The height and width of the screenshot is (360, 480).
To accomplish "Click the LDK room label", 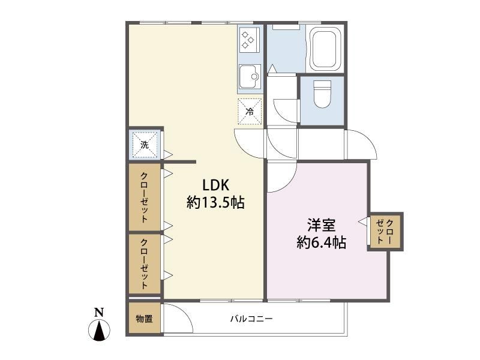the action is [216, 186].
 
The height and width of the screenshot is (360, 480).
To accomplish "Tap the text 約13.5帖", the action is [215, 202].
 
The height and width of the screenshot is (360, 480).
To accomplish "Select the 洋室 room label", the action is [322, 225].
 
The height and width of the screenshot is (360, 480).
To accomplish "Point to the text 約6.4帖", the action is [322, 242].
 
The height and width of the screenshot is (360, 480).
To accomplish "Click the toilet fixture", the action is [322, 94].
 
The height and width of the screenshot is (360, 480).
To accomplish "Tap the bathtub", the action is [326, 49].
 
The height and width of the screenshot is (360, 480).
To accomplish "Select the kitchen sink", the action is [250, 77].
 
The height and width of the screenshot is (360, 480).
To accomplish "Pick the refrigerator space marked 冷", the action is [250, 112].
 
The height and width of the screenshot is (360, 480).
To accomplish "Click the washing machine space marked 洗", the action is [145, 144].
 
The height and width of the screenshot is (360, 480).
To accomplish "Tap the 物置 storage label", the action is [144, 319].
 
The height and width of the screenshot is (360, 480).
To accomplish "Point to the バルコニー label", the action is [251, 319].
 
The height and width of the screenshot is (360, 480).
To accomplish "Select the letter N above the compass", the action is [99, 312].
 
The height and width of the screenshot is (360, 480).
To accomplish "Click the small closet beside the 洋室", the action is [385, 232].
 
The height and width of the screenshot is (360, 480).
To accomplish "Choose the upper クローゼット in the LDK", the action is [144, 197].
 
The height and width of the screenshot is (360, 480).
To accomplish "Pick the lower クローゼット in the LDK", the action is [144, 264].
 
